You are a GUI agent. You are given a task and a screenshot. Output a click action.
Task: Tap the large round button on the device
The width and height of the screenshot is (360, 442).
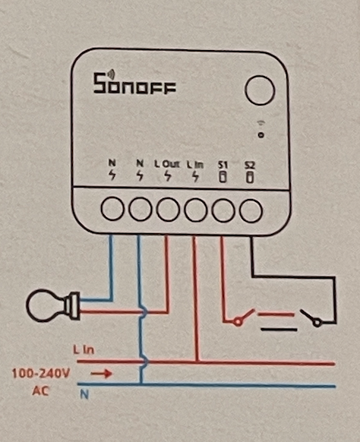tap(260, 90)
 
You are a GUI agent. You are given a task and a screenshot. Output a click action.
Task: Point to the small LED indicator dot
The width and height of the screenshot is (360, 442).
tap(261, 135)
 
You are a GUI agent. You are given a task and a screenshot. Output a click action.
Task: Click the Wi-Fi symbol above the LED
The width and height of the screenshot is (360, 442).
tap(261, 123)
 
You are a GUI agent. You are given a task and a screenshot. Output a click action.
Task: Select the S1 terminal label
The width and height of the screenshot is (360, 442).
tap(223, 164)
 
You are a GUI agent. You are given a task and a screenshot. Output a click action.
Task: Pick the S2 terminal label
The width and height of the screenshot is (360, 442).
tap(249, 165)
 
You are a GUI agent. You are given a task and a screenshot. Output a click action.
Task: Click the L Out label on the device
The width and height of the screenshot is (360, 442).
tap(167, 164)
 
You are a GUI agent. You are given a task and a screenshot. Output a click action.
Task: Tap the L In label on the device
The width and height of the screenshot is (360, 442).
tap(195, 164)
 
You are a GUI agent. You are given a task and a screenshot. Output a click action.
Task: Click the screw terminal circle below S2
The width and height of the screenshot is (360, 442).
tap(251, 210)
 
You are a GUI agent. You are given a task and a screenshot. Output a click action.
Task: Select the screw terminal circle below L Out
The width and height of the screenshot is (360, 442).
tap(168, 210)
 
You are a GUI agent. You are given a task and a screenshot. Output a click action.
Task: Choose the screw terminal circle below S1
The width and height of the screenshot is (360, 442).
tap(223, 210)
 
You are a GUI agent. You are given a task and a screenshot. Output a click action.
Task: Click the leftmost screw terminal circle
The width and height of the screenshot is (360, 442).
tap(112, 209)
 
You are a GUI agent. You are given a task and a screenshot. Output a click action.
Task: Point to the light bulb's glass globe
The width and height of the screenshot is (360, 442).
tap(46, 305)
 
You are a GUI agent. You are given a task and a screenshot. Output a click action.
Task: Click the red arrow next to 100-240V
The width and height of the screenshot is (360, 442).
tap(102, 374)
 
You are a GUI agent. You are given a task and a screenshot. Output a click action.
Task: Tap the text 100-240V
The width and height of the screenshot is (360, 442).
tap(40, 374)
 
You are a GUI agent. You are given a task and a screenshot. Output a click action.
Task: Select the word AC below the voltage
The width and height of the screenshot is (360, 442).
tap(40, 391)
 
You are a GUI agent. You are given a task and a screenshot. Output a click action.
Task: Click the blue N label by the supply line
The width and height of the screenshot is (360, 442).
tap(84, 394)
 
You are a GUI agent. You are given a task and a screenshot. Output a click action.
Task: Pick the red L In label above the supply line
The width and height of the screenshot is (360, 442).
tap(84, 350)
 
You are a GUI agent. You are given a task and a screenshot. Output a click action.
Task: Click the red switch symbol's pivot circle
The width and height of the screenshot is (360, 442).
tap(238, 321)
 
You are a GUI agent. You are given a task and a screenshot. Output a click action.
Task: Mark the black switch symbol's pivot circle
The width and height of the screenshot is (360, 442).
tap(317, 322)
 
